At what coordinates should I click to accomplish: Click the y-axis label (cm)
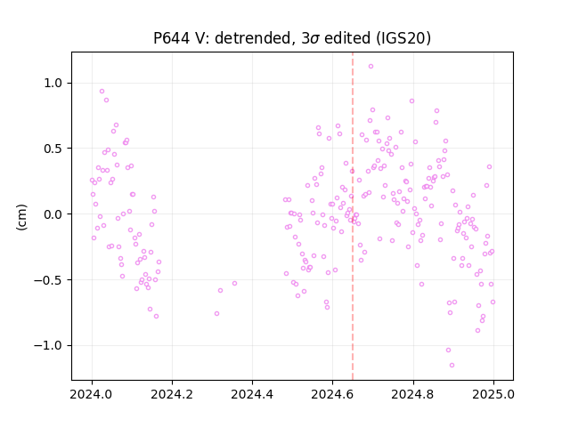[21, 217]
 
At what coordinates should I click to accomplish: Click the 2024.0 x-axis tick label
[92, 394]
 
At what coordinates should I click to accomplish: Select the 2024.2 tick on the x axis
[172, 394]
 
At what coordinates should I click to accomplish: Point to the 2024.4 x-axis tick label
[252, 394]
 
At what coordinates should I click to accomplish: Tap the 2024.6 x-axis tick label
[332, 394]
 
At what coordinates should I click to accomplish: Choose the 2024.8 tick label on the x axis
[413, 394]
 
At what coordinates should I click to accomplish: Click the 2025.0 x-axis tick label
[493, 394]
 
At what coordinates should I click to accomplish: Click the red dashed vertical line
[353, 216]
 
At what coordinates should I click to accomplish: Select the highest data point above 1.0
[370, 66]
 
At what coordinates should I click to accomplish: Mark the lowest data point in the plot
[452, 365]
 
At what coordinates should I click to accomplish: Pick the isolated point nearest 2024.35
[234, 283]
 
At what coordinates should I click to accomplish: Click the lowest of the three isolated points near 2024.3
[216, 313]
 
